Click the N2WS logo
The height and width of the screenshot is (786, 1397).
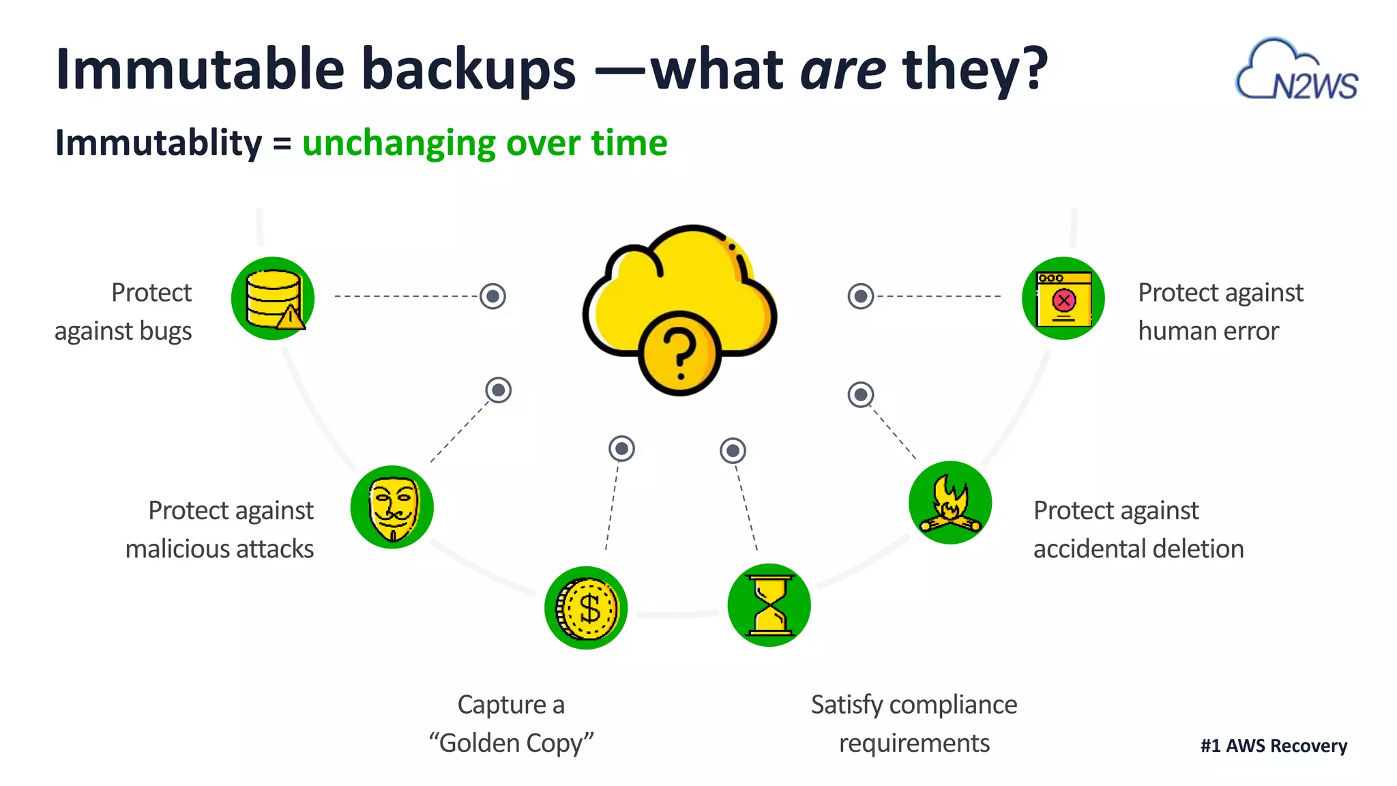[x=1297, y=71]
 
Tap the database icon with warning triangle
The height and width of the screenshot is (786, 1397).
[x=273, y=298]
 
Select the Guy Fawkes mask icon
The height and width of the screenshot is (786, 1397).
[x=392, y=507]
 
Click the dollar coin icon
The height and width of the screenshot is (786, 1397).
[x=586, y=607]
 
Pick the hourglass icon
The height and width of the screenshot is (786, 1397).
[x=769, y=605]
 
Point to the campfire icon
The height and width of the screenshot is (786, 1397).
[x=950, y=503]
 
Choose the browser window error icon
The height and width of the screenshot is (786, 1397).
[x=1063, y=298]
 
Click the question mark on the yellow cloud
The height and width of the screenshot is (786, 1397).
[x=679, y=353]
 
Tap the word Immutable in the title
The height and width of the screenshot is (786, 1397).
[x=200, y=69]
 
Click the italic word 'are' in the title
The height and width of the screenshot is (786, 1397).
[x=843, y=69]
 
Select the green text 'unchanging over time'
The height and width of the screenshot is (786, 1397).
[x=484, y=143]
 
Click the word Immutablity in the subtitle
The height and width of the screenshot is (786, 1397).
[x=158, y=143]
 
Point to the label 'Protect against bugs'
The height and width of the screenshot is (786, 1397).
[x=123, y=312]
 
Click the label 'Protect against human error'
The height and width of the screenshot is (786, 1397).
[x=1220, y=312]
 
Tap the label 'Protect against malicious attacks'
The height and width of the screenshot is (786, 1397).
[x=220, y=529]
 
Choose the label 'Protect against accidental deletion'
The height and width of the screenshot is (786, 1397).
[x=1138, y=529]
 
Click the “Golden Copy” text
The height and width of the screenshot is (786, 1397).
[x=511, y=742]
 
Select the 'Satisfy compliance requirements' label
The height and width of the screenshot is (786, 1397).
[x=914, y=723]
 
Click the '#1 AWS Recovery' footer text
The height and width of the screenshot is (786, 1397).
[x=1274, y=746]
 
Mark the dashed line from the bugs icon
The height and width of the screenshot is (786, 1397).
[x=406, y=296]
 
